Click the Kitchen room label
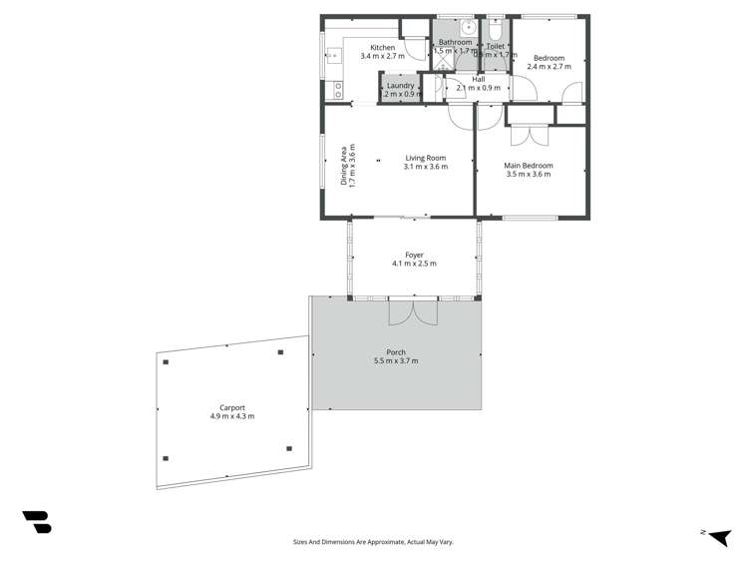[382, 48]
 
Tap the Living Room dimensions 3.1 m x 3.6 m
[426, 167]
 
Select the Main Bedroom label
[528, 166]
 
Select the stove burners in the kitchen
[338, 89]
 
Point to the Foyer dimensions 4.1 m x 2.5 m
[414, 265]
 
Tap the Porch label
[396, 352]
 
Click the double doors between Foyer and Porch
[413, 310]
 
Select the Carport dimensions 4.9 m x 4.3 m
[232, 416]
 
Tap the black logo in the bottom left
[37, 521]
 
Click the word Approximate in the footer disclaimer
[383, 542]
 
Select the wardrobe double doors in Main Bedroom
[529, 135]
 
